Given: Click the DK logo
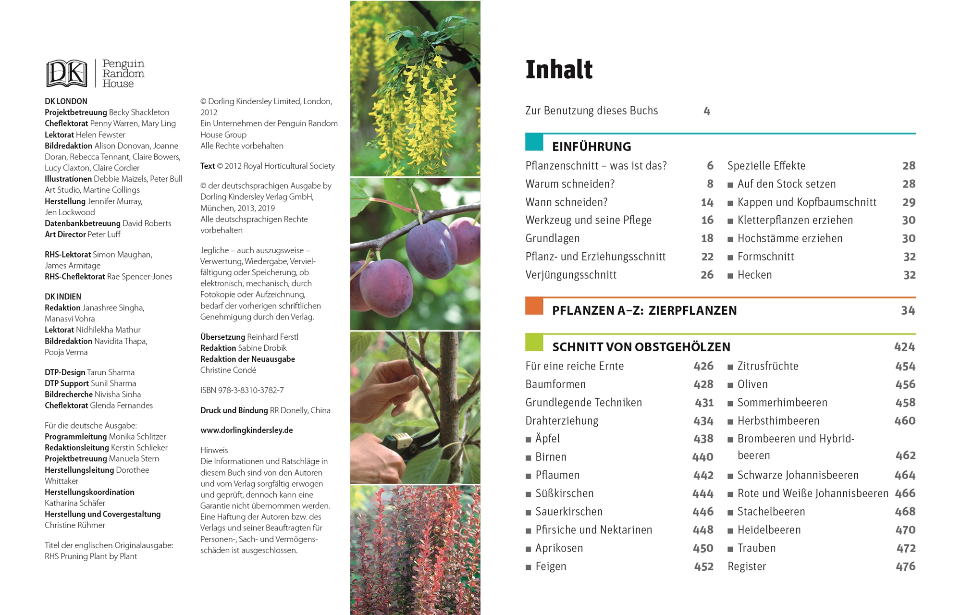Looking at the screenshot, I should point(66,74).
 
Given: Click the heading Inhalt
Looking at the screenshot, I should point(559,70).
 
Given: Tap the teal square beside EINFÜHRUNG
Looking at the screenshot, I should point(534,143).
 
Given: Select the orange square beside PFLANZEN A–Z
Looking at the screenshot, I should point(534,307).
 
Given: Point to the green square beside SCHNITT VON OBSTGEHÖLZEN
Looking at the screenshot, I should point(534,343).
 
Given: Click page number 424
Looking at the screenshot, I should point(904,347).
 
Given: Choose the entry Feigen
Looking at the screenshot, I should point(551,566).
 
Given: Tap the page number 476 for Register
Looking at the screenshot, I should point(905,566).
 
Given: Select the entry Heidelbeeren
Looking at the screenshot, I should point(769,530).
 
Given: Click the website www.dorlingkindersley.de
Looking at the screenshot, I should point(246,430).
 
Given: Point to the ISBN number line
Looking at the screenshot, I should point(242,390).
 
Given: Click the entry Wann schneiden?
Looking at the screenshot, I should point(566,202).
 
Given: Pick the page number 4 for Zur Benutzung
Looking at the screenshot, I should point(707,111).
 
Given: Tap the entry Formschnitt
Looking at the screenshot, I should point(765,257).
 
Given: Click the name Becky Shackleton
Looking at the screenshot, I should point(139,112).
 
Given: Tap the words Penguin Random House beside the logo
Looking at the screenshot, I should point(123,74).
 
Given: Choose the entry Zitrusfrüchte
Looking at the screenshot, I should point(767,366).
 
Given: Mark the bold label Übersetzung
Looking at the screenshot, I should point(222,337).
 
